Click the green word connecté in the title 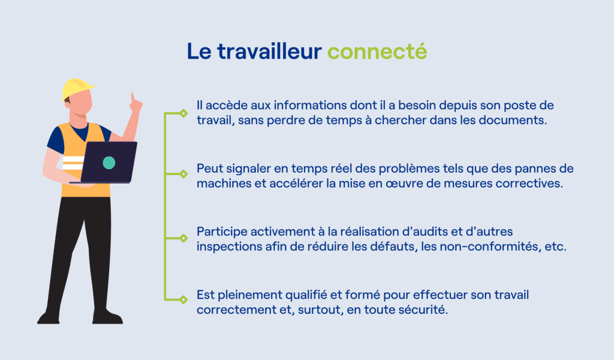tap(377, 52)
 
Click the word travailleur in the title tap(269, 52)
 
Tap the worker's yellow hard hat tap(77, 89)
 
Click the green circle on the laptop tap(109, 163)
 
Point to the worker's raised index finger tap(133, 97)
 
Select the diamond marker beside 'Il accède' tap(183, 113)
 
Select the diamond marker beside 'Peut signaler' tap(183, 173)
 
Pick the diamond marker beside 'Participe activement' tap(183, 238)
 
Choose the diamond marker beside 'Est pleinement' tap(183, 299)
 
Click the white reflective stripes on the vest tap(73, 163)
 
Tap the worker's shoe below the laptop tap(107, 317)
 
